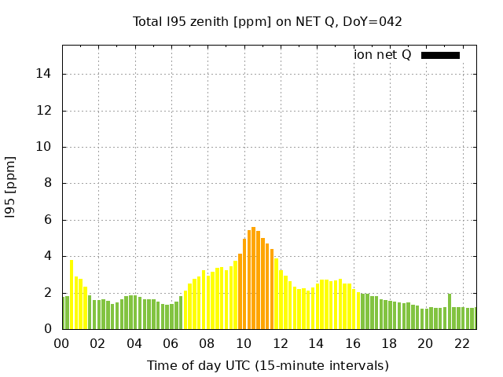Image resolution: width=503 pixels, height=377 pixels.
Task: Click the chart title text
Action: (267, 21)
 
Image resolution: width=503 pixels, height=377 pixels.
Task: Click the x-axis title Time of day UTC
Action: (267, 365)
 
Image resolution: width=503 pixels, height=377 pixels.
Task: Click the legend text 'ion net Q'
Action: (382, 55)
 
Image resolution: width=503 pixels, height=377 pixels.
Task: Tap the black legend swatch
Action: (440, 55)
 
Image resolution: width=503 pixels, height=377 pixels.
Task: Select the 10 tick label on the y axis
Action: (47, 147)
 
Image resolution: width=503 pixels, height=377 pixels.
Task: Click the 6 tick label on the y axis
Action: (50, 220)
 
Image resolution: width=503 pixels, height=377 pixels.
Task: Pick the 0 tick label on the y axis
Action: (50, 329)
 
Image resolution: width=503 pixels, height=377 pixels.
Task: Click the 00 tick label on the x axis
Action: (62, 343)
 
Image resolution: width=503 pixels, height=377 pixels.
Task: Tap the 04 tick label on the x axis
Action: (134, 343)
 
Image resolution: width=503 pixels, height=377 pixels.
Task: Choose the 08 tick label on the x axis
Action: (207, 343)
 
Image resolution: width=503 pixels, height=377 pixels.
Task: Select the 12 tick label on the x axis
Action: (280, 343)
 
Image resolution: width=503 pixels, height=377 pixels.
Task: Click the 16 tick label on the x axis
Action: (353, 343)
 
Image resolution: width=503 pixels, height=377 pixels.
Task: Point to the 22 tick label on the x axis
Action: (461, 343)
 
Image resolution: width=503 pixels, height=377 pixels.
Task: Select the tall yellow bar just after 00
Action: (72, 295)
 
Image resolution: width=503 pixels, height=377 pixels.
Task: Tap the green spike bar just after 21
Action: (450, 311)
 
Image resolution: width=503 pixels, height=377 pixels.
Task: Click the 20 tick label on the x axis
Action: (425, 343)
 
